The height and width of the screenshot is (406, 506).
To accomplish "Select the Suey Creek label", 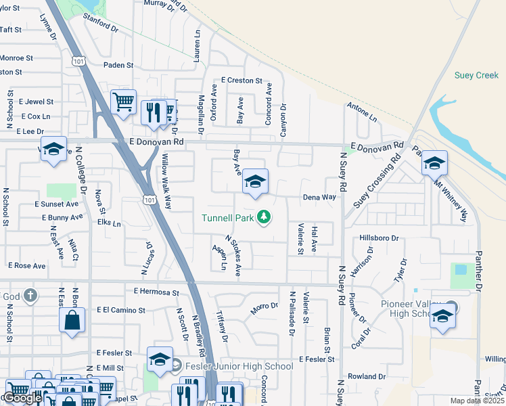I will [x=478, y=75].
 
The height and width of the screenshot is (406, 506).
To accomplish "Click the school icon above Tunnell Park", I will [x=255, y=182].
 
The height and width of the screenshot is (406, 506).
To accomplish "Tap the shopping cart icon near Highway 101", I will [x=123, y=103].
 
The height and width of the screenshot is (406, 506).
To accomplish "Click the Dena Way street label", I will [x=319, y=198].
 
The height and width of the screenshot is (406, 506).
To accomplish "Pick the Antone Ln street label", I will [x=361, y=112].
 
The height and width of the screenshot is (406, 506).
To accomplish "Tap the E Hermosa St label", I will [x=156, y=292].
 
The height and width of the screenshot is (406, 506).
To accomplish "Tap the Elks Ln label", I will [x=108, y=223].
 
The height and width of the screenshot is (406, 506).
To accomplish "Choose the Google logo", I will [x=22, y=398].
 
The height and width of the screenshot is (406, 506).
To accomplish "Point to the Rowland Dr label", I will [x=366, y=376].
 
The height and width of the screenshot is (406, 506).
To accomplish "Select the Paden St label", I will [x=118, y=65].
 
